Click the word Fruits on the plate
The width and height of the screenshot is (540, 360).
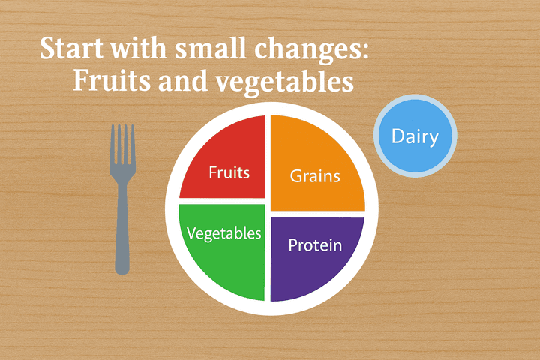coord(229,172)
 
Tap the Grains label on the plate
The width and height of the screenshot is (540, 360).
coord(315,177)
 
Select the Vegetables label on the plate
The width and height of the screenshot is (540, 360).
coord(224,233)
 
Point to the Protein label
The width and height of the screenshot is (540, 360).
coord(315,245)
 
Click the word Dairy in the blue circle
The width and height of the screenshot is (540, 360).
coord(415,137)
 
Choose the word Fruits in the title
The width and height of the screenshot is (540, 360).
coord(108,81)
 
